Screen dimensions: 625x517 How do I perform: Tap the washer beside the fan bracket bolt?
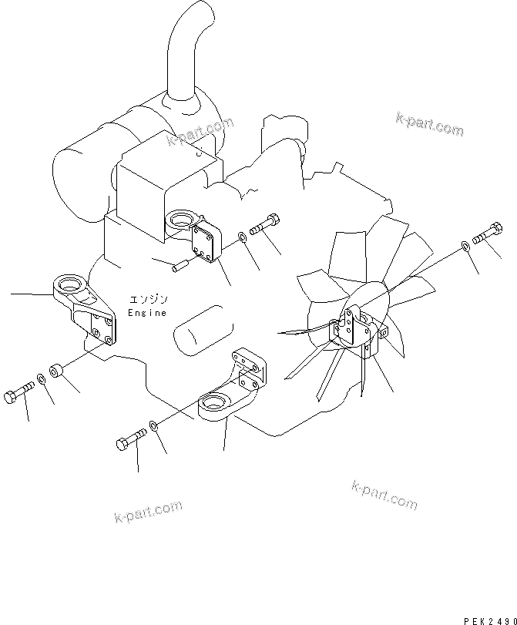click(467, 246)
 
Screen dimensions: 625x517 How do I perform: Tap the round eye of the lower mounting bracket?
click(217, 402)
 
